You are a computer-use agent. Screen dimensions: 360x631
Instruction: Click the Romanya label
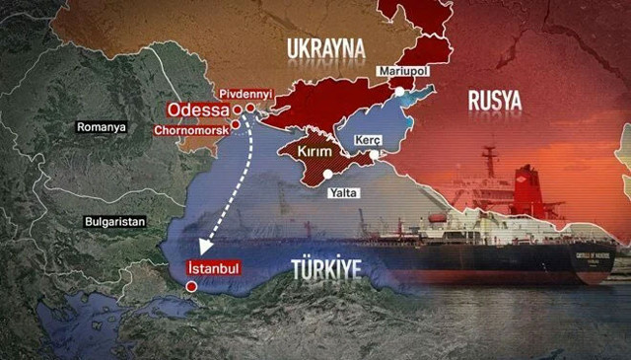pyautogui.click(x=104, y=127)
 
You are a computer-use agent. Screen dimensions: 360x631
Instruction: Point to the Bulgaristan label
pyautogui.click(x=115, y=220)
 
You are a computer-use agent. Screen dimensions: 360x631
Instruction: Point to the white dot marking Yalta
pyautogui.click(x=327, y=175)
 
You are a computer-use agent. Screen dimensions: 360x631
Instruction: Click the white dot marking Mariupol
pyautogui.click(x=400, y=90)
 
